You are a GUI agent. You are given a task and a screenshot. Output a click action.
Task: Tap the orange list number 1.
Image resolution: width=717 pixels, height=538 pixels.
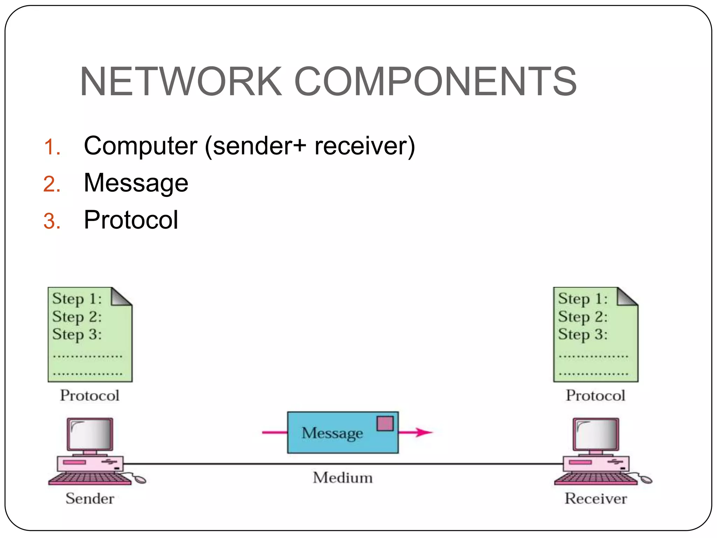pyautogui.click(x=52, y=147)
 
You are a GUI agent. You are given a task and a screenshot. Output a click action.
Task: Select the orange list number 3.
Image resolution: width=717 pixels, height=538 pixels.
pyautogui.click(x=52, y=222)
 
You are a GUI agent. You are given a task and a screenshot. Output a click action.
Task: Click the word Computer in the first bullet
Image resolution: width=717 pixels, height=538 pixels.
pyautogui.click(x=140, y=146)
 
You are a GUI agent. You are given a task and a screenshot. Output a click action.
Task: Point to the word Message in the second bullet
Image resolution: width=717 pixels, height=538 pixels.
pyautogui.click(x=136, y=183)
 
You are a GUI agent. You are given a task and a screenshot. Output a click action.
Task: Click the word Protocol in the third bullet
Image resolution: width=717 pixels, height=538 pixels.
pyautogui.click(x=131, y=220)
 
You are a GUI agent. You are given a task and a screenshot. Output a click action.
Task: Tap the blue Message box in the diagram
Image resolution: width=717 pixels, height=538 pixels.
pyautogui.click(x=333, y=441)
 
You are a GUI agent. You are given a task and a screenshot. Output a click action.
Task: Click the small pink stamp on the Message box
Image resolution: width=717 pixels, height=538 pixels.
pyautogui.click(x=385, y=423)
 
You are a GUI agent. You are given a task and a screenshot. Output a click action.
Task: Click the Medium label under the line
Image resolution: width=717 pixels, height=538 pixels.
pyautogui.click(x=343, y=478)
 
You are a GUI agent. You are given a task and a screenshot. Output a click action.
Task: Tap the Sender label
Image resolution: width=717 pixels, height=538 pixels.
pyautogui.click(x=90, y=498)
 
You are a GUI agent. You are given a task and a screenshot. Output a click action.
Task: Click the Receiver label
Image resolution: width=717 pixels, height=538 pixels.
pyautogui.click(x=596, y=498)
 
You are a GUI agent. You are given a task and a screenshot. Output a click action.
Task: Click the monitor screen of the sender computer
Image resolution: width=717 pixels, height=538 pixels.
pyautogui.click(x=90, y=434)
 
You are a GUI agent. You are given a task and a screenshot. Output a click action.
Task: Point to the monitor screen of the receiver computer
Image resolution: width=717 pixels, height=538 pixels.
pyautogui.click(x=596, y=434)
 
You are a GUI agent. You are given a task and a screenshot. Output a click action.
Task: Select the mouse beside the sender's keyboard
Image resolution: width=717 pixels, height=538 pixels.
pyautogui.click(x=139, y=479)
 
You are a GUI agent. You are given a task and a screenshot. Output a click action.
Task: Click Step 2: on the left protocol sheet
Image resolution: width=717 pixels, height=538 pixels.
pyautogui.click(x=77, y=317)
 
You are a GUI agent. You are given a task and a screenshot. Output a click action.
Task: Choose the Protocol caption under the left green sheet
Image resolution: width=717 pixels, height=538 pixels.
pyautogui.click(x=90, y=395)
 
